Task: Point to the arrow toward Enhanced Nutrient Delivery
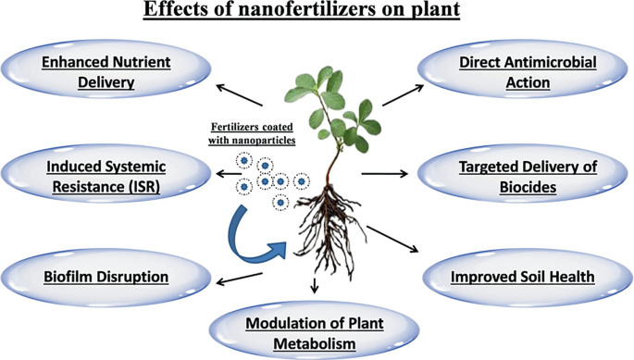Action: pos(242,95)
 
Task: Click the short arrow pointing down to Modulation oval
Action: pos(315,284)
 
